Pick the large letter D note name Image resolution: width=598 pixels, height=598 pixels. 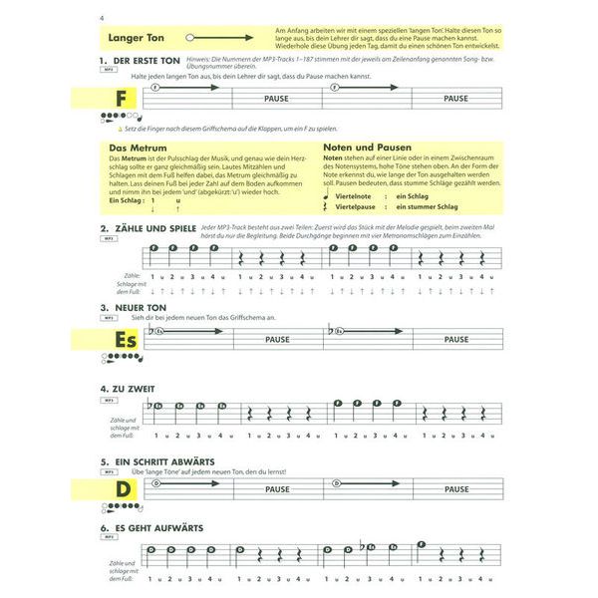(122, 490)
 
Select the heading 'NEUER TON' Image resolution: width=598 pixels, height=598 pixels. (141, 308)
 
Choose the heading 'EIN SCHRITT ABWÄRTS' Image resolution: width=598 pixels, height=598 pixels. (163, 462)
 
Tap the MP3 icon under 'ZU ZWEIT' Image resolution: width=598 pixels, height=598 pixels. (108, 399)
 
